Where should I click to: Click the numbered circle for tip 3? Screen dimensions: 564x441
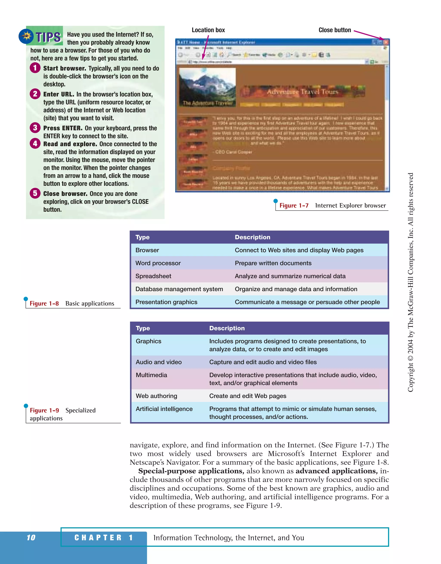coord(35,128)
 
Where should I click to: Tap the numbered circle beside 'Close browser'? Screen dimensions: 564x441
coord(35,193)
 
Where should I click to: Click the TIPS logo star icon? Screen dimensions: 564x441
coord(26,36)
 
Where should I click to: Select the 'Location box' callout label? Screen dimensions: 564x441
coord(208,30)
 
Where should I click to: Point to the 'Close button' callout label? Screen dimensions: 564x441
coord(335,30)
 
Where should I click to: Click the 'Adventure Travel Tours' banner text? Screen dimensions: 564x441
coord(303,92)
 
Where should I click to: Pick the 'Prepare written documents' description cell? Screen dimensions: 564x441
coord(273,263)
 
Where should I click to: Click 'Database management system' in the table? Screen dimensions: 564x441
coord(179,289)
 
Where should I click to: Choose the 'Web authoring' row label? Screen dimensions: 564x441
coord(156,396)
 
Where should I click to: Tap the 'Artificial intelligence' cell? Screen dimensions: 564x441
coord(164,409)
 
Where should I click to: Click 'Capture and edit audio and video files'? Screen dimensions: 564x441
coord(263,362)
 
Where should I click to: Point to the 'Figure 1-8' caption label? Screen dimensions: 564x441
coord(44,304)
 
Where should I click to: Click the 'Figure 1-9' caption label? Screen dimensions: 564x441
coord(44,410)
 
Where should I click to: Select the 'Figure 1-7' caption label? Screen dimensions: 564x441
coord(294,206)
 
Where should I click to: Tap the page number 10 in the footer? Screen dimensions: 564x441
coord(31,538)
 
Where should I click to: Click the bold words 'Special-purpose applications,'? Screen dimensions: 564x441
coord(191,471)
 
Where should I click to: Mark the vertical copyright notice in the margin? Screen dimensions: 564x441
coord(410,282)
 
